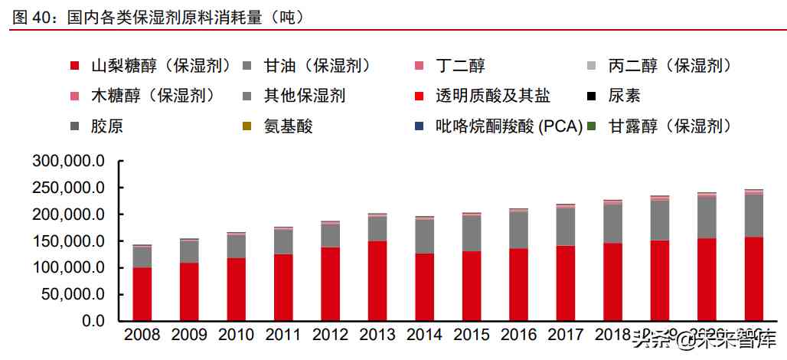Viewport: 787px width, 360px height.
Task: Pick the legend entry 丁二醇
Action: point(459,66)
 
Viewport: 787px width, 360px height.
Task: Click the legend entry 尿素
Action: point(624,96)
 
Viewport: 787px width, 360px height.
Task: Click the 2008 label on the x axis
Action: point(142,335)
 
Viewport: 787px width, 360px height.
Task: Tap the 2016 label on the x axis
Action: point(518,335)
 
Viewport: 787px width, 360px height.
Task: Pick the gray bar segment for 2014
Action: point(424,236)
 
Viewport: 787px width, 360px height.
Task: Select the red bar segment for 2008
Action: point(142,294)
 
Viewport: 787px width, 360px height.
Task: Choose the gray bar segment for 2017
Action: point(566,226)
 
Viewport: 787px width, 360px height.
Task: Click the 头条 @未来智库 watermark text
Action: point(704,341)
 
